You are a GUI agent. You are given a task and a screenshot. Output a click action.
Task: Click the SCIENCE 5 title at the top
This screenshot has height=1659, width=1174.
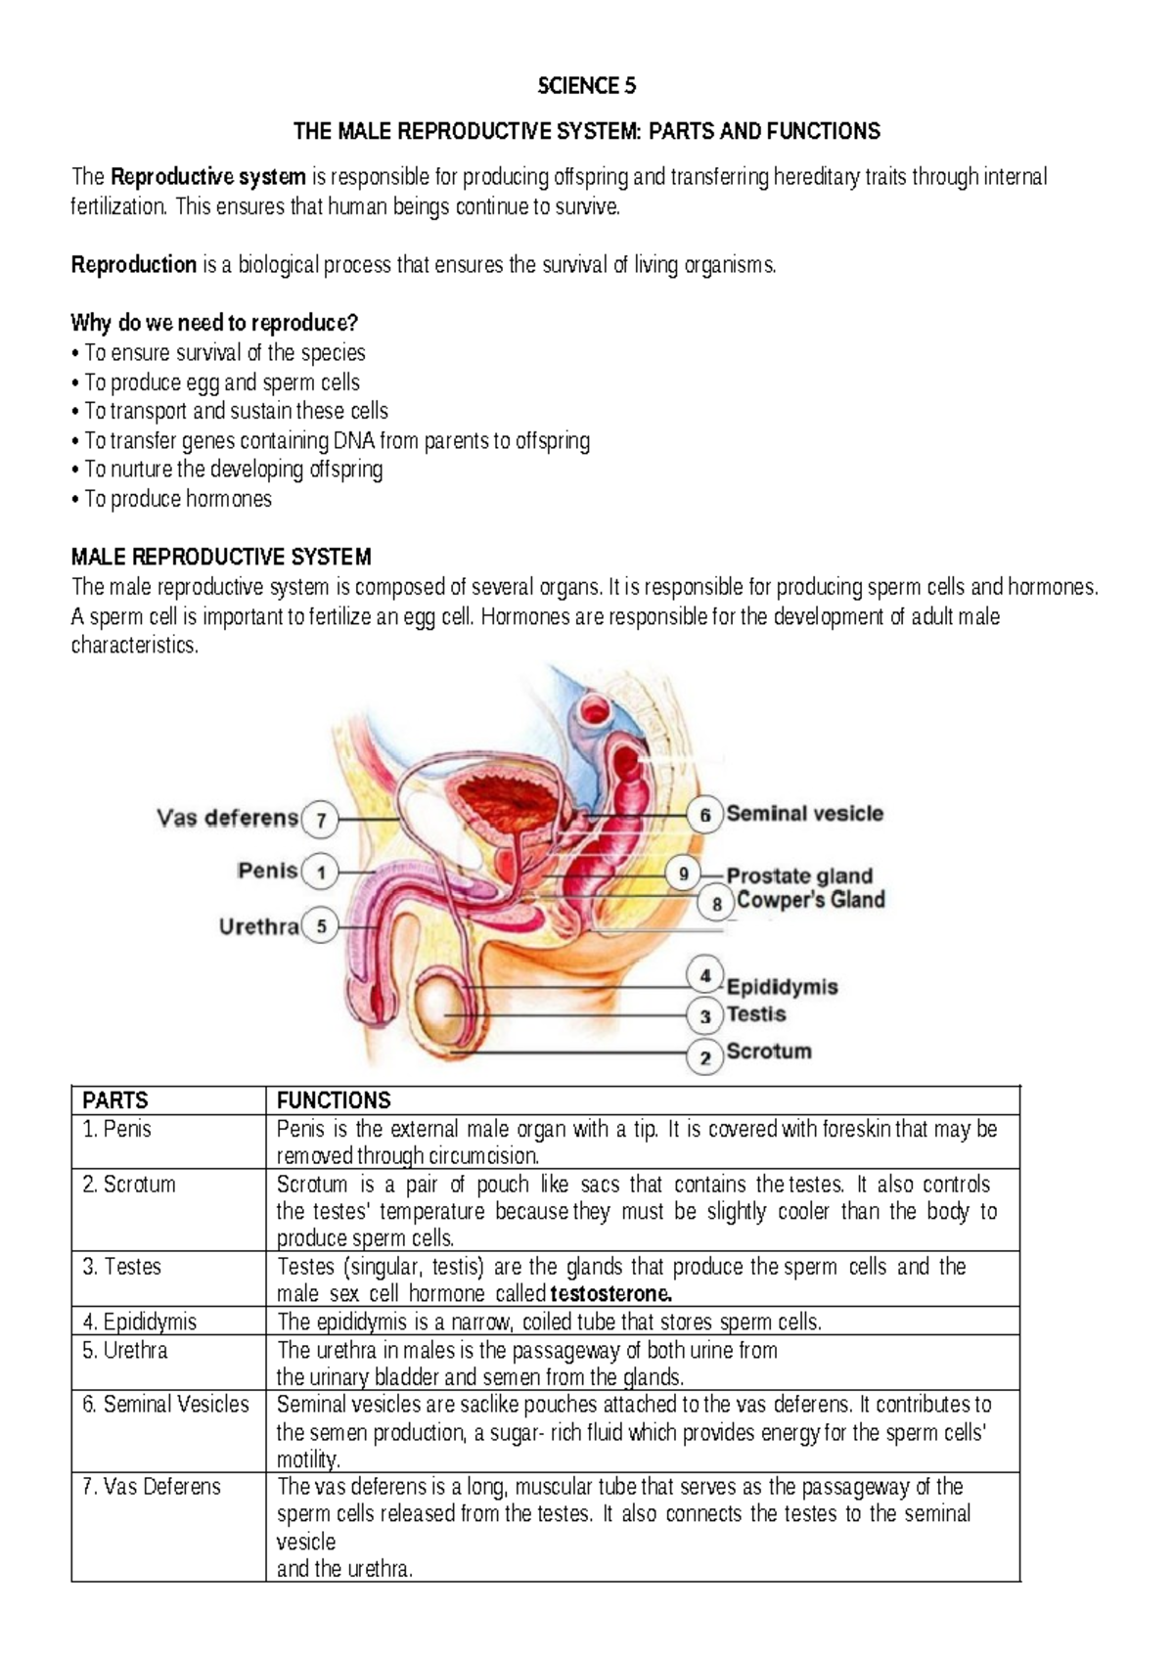pyautogui.click(x=587, y=86)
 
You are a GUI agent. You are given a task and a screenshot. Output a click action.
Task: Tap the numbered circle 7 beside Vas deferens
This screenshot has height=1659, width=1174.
pyautogui.click(x=320, y=820)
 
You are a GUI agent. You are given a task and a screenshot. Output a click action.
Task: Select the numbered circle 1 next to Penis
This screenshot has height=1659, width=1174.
pyautogui.click(x=320, y=872)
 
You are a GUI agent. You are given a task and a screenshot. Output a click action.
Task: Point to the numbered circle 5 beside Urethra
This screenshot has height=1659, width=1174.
pyautogui.click(x=321, y=925)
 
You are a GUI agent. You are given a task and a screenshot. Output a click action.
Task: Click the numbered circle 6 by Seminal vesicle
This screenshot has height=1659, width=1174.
pyautogui.click(x=704, y=815)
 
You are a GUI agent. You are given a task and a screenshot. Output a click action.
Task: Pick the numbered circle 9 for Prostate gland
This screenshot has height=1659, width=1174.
pyautogui.click(x=683, y=874)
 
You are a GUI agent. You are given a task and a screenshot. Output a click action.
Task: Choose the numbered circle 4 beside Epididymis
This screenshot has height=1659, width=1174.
pyautogui.click(x=704, y=975)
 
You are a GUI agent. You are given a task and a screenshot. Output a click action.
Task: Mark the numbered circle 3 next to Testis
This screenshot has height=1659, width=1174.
pyautogui.click(x=704, y=1016)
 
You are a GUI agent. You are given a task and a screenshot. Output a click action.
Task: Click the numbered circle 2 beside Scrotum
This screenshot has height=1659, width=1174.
pyautogui.click(x=704, y=1057)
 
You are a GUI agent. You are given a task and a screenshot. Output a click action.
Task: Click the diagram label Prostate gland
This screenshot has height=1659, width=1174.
pyautogui.click(x=799, y=876)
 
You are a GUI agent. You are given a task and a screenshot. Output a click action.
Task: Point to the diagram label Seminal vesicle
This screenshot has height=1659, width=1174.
pyautogui.click(x=804, y=814)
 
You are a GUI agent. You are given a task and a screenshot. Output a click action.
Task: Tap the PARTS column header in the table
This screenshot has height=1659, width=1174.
pyautogui.click(x=115, y=1100)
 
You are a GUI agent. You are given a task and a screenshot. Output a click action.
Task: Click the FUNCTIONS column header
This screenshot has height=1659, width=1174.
pyautogui.click(x=334, y=1100)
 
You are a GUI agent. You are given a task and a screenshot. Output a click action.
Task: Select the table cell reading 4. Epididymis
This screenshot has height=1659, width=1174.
pyautogui.click(x=140, y=1323)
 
